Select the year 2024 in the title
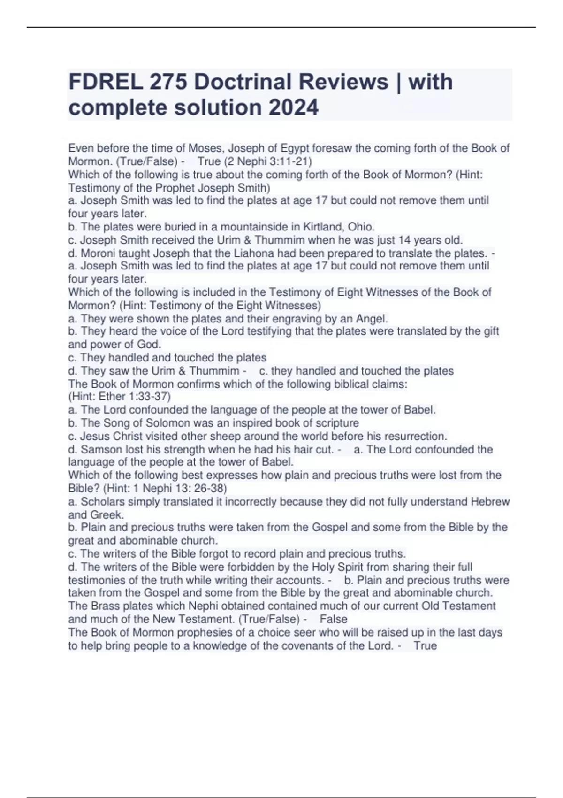point(293,107)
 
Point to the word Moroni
point(98,253)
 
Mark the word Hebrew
point(490,501)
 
